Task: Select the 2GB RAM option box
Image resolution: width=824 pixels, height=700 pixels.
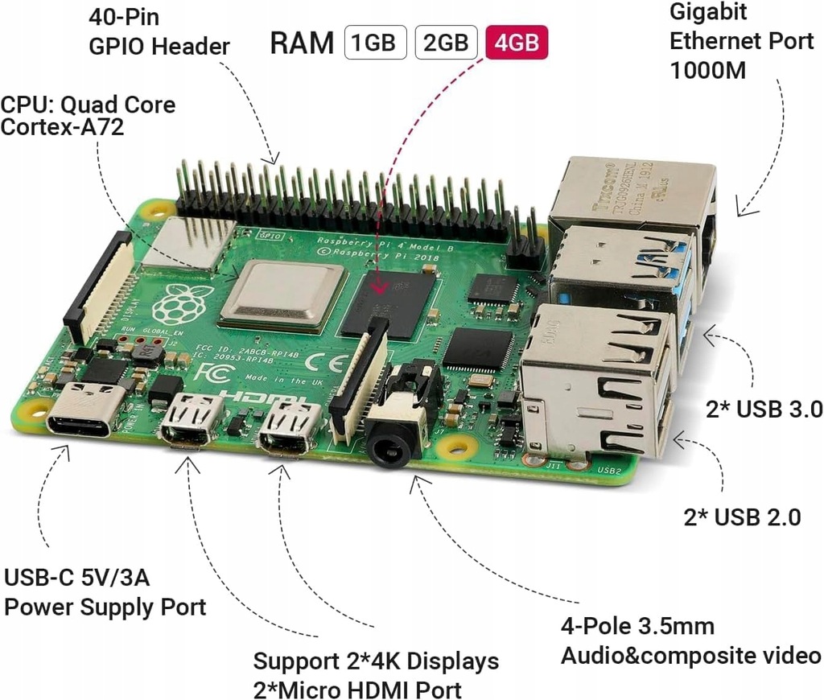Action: [445, 43]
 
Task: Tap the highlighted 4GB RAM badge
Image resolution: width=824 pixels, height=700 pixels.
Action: [516, 43]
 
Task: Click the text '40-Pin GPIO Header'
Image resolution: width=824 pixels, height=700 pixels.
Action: [159, 31]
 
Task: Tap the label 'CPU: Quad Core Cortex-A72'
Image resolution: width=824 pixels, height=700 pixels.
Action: [88, 115]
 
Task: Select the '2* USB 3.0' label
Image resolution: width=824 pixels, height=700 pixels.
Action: [764, 409]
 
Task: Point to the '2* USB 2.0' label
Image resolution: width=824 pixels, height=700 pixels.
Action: [742, 517]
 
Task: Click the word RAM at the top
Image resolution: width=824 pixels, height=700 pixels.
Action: [302, 43]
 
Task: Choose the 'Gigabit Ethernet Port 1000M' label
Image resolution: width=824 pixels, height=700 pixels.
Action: [740, 41]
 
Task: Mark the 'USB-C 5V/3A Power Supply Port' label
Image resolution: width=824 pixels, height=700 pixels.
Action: [105, 591]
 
